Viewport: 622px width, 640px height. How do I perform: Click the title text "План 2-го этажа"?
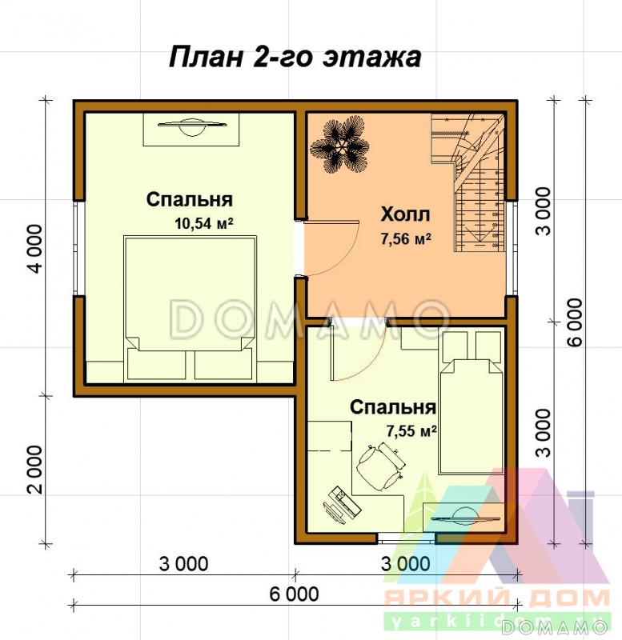tap(294, 57)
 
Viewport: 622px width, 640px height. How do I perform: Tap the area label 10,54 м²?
tap(203, 224)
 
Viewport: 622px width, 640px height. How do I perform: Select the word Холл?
tap(405, 214)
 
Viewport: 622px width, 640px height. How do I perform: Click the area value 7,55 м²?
tap(411, 431)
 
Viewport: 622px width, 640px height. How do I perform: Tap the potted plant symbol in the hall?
tap(344, 144)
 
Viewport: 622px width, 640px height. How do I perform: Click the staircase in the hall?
tap(472, 180)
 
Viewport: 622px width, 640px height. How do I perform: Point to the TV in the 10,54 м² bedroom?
tap(191, 126)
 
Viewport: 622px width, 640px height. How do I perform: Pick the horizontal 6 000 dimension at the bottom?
tap(294, 594)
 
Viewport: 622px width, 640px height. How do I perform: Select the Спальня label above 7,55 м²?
tap(392, 408)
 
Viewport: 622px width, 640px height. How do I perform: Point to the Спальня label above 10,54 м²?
tap(190, 200)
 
